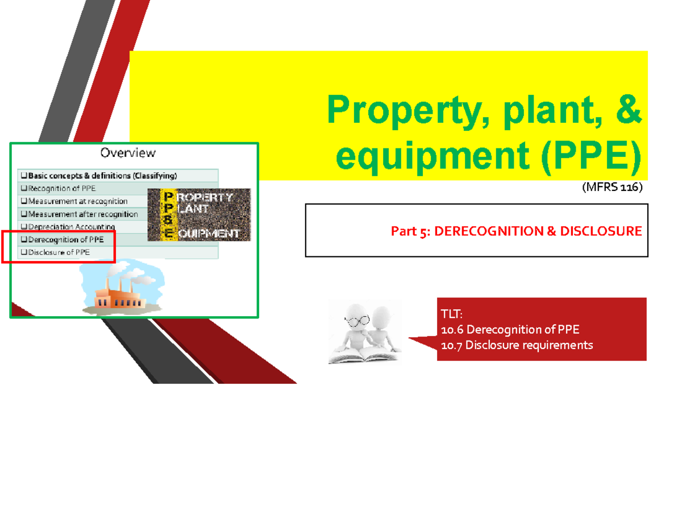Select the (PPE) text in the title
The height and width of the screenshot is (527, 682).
[590, 157]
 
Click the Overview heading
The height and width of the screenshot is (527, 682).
[128, 152]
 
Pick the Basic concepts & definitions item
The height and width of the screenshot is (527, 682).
[99, 176]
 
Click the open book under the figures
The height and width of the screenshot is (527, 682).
[364, 356]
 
